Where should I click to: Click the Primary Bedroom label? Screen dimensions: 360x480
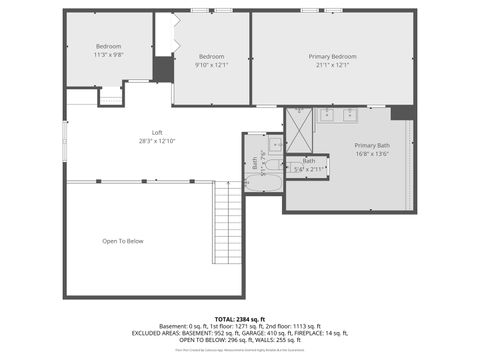coord(332,57)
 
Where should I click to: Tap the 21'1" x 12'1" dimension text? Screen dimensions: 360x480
coord(332,66)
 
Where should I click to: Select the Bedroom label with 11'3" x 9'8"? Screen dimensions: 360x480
coord(108,47)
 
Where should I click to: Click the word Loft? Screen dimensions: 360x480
coord(157,132)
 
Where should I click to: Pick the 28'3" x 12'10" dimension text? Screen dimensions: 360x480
coord(157,141)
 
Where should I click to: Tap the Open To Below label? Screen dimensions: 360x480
coord(123,241)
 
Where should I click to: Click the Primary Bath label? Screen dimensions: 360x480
coord(373,146)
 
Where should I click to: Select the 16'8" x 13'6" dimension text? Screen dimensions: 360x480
coord(373,155)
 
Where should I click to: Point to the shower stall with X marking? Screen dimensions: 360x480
coord(299,128)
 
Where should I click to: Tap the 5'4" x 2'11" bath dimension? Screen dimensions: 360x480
coord(310,169)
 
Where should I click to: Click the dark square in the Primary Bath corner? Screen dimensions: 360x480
coord(403,112)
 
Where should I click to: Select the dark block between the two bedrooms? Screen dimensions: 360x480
coord(163,70)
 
